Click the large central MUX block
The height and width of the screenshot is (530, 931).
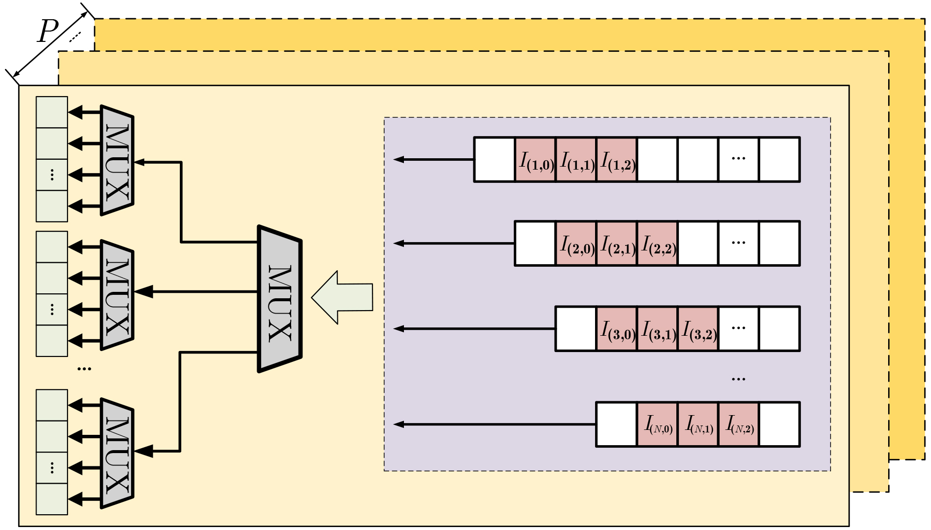coord(279,299)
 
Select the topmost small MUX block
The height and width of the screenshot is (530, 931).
coord(117,160)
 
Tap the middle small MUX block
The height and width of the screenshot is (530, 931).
coord(117,295)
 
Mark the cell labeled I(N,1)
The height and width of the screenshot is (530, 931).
coord(698,424)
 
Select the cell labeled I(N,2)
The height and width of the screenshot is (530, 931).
coord(738,424)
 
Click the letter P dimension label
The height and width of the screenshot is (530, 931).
coord(48,32)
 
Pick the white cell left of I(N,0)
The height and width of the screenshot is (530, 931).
coord(617,424)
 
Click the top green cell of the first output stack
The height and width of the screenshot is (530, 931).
coord(52,112)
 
